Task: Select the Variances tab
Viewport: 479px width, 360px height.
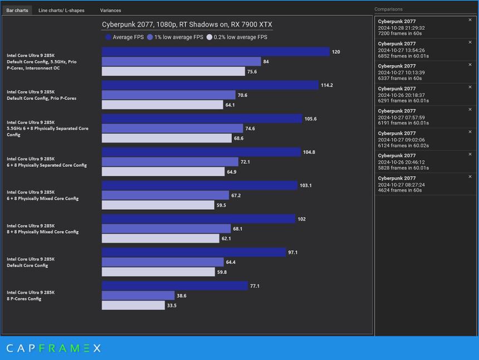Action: coord(110,11)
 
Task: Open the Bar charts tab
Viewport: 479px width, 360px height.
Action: coord(17,11)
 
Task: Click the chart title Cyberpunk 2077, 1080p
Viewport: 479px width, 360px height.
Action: coord(187,24)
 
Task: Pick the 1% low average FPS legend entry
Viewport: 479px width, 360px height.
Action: coord(175,37)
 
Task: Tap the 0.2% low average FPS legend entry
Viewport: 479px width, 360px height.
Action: coord(237,37)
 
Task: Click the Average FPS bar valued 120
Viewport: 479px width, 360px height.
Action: coord(216,52)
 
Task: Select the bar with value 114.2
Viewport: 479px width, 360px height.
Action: coord(210,85)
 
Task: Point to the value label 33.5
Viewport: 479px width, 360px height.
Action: coord(172,305)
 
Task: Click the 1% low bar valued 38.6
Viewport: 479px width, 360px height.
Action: coord(138,295)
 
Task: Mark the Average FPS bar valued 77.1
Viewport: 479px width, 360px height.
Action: coord(174,286)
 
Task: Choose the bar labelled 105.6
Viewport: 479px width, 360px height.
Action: coord(202,119)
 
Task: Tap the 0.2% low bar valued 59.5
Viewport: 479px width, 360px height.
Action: coord(158,205)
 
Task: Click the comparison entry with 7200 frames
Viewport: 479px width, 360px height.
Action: coord(421,27)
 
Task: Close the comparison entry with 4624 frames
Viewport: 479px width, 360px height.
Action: coord(470,176)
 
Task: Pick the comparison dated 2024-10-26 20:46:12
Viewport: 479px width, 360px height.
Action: coord(421,162)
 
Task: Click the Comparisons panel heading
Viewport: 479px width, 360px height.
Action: coord(388,9)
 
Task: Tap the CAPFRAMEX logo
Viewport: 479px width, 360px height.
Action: coord(53,348)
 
